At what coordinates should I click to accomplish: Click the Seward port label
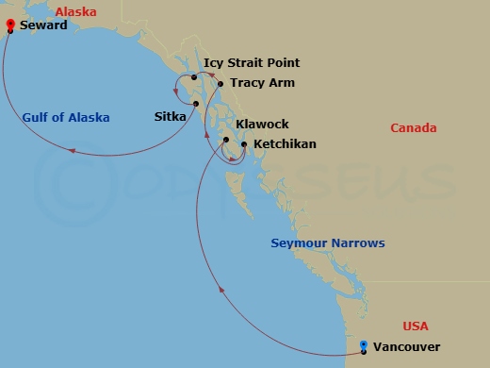42,25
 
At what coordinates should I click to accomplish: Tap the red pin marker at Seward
9,25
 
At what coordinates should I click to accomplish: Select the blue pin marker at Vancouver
364,346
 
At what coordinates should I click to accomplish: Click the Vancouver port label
406,347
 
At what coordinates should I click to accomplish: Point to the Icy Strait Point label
252,63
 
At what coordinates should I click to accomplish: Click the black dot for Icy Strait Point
193,76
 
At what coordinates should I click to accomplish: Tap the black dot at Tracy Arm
220,84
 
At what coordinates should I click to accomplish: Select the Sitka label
171,117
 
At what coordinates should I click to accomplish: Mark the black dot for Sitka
196,103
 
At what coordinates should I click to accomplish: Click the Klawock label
262,125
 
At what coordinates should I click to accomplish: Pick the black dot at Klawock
226,141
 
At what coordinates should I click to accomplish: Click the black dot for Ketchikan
244,144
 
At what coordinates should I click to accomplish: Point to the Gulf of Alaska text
66,118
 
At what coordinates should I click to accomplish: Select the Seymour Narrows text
327,243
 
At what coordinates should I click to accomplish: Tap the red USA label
415,326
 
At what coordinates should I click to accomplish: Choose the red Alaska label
75,11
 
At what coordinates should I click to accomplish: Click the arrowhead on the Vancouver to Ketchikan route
222,291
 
